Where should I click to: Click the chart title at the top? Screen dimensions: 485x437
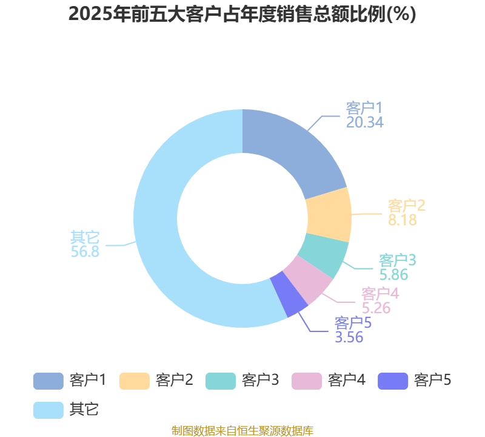pos(242,15)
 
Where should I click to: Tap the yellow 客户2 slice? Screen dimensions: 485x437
pos(329,215)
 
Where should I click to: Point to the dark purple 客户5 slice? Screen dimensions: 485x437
pos(289,294)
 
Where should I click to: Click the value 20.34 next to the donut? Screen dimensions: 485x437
pos(365,122)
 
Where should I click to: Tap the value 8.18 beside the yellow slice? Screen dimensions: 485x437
pos(403,220)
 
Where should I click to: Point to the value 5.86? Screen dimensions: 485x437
pos(393,274)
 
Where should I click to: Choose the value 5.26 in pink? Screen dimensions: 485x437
pos(376,308)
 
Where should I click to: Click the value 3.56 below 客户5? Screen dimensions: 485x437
pos(349,337)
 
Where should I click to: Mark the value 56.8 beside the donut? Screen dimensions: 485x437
pos(85,251)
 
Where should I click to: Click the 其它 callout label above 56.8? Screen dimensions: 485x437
pos(85,237)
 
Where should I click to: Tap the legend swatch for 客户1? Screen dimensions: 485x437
pos(48,381)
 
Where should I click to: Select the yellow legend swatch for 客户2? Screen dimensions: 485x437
pos(135,381)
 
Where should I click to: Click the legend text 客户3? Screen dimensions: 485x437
pos(261,380)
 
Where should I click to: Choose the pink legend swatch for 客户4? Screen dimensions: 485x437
pos(307,381)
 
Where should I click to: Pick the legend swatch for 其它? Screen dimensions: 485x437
pos(48,410)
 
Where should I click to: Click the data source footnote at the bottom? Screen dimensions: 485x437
pos(242,430)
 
